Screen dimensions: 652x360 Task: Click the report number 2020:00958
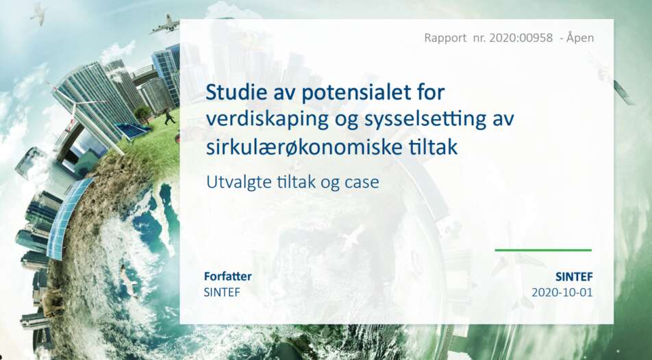(x=521, y=38)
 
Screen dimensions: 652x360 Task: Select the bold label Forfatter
(x=228, y=276)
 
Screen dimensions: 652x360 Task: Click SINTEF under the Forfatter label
(x=222, y=292)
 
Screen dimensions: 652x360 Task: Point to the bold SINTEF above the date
(x=574, y=277)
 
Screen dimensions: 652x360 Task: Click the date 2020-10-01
(x=562, y=292)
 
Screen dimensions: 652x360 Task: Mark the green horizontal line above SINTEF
(x=543, y=250)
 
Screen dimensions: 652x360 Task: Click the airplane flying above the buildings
(x=165, y=25)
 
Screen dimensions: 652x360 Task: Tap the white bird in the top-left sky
(x=38, y=13)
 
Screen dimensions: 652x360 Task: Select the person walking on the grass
(x=168, y=116)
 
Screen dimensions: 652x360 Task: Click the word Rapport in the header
(x=445, y=38)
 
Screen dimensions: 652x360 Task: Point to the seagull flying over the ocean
(x=129, y=282)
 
